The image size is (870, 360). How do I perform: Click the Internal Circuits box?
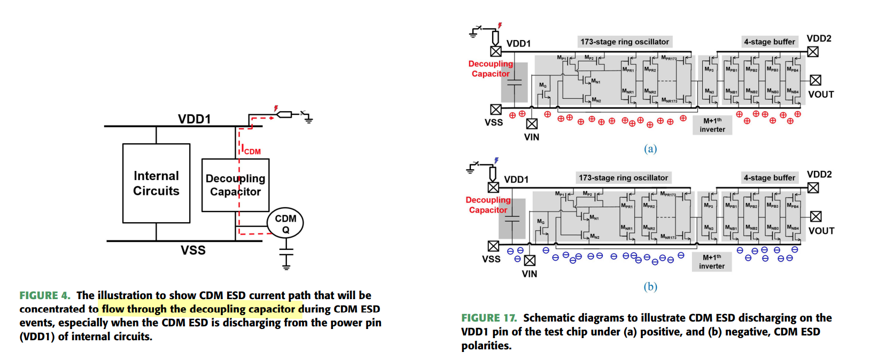(156, 183)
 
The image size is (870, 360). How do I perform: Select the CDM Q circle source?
(285, 223)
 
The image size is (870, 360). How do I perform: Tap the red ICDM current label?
(251, 151)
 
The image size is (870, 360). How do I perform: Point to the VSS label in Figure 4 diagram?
(193, 250)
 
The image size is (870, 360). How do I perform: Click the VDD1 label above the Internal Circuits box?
(194, 119)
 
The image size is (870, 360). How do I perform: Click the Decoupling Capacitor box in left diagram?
(235, 185)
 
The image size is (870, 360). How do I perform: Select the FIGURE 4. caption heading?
(45, 295)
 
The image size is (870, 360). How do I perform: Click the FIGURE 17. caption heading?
(489, 318)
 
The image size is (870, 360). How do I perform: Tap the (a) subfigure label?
(650, 148)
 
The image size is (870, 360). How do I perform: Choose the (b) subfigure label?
(650, 287)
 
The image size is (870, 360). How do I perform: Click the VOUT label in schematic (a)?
(821, 95)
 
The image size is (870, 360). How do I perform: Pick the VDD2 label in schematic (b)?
(819, 175)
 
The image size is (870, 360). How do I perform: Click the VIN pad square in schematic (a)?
(532, 124)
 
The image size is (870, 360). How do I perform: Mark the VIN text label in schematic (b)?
(530, 274)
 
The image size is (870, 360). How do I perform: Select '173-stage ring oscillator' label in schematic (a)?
(624, 42)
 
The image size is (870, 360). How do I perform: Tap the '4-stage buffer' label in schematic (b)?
(769, 178)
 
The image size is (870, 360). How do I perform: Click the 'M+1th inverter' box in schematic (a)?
(712, 125)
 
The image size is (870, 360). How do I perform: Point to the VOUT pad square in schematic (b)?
(815, 216)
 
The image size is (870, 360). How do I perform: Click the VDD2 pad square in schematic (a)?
(813, 52)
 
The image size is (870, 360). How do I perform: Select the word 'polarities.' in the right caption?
(486, 346)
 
